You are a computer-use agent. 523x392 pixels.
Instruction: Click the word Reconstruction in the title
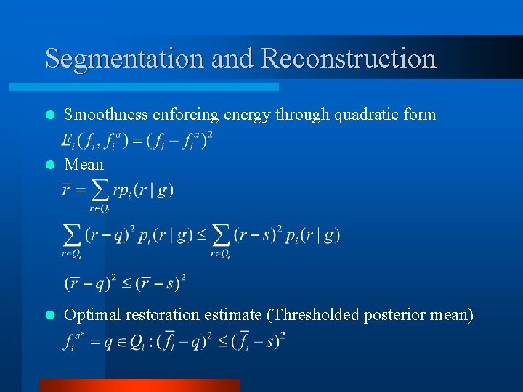pyautogui.click(x=348, y=58)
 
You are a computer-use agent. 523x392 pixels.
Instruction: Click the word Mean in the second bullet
pyautogui.click(x=84, y=165)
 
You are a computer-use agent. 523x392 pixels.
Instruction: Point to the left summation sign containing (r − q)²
pyautogui.click(x=72, y=236)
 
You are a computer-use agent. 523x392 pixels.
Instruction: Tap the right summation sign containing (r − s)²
pyautogui.click(x=221, y=236)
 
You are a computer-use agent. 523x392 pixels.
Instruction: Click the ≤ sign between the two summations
pyautogui.click(x=200, y=235)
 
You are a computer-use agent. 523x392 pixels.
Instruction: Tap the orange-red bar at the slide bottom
pyautogui.click(x=139, y=385)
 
